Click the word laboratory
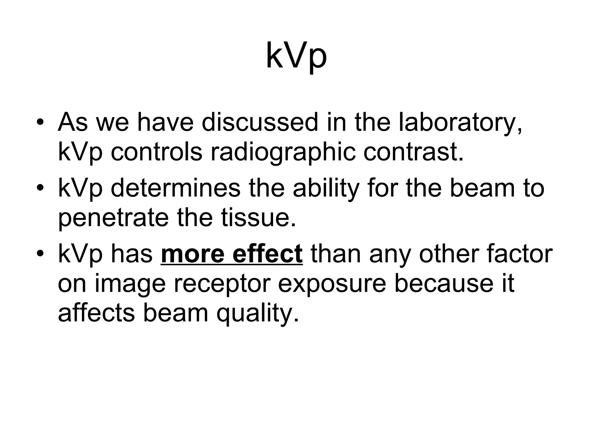460,123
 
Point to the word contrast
413,153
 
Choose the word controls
156,153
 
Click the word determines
175,188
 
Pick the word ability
326,188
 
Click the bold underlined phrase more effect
232,254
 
